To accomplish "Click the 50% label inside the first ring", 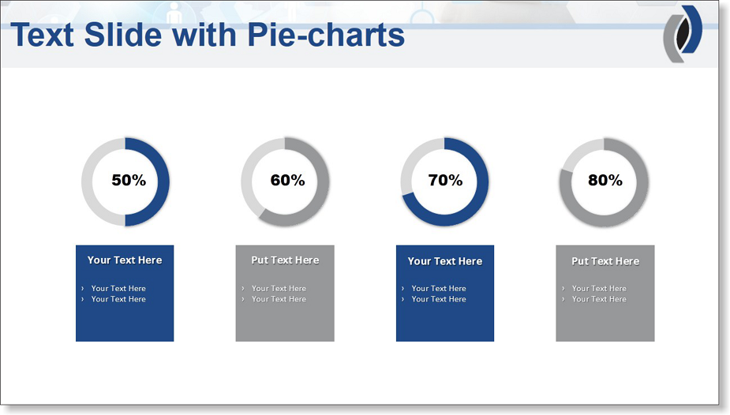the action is pyautogui.click(x=129, y=180).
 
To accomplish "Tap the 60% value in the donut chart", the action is pyautogui.click(x=288, y=180).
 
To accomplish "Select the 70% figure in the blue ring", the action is pyautogui.click(x=446, y=180).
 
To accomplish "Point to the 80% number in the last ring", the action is pyautogui.click(x=605, y=180).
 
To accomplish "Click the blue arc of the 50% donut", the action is pyautogui.click(x=163, y=181).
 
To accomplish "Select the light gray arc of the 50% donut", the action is pyautogui.click(x=87, y=181).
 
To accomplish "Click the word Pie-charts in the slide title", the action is pyautogui.click(x=326, y=35).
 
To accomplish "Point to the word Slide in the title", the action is pyautogui.click(x=123, y=35).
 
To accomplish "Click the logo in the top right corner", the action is pyautogui.click(x=683, y=34).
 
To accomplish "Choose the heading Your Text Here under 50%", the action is pyautogui.click(x=125, y=260).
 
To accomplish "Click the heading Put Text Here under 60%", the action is pyautogui.click(x=285, y=260).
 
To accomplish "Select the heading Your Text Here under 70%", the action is pyautogui.click(x=445, y=261).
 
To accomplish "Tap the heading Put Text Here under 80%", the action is pyautogui.click(x=605, y=261).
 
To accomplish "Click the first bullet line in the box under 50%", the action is pyautogui.click(x=118, y=289).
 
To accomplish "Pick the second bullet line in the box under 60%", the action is pyautogui.click(x=279, y=299).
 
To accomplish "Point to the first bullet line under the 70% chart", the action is pyautogui.click(x=439, y=289).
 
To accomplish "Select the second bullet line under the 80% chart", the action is pyautogui.click(x=599, y=299).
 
